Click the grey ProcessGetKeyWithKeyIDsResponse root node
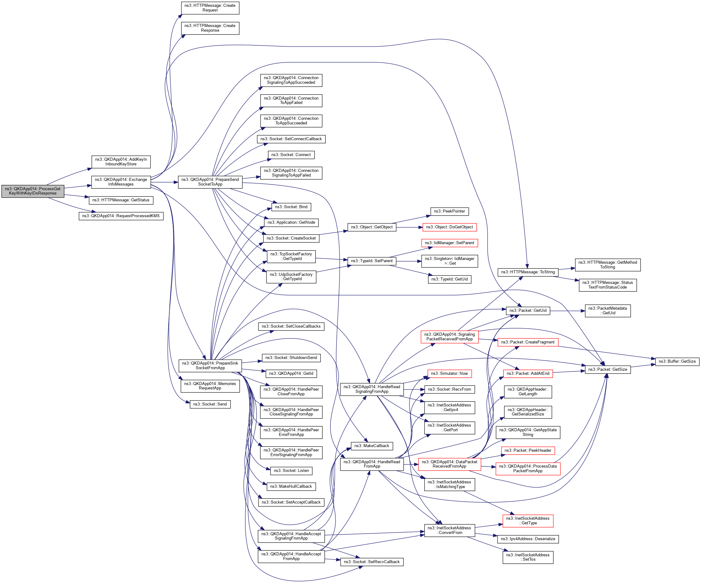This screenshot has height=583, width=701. pos(33,191)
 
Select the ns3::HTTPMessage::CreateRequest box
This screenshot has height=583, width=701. pos(210,8)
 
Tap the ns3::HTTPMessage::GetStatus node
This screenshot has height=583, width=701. pos(121,200)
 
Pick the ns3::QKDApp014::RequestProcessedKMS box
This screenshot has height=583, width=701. pos(121,216)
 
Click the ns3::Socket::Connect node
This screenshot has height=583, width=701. pos(291,155)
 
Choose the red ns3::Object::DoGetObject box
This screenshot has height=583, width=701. pos(449,227)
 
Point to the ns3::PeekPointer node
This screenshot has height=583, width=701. pos(449,211)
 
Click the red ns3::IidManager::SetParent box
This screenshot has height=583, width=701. pos(449,243)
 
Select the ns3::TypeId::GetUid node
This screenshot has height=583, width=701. pos(449,279)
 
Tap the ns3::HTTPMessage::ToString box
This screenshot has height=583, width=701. pos(528,272)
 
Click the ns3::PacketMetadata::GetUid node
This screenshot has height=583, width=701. pos(608,311)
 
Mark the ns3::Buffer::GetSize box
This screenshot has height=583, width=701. pos(677,361)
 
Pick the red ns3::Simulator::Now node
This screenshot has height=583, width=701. pos(449,374)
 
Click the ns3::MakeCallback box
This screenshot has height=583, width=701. pos(372,446)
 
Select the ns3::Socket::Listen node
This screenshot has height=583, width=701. pos(291,471)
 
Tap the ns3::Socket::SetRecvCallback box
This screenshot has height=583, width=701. pos(372,562)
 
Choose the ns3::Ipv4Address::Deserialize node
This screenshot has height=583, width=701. pos(528,539)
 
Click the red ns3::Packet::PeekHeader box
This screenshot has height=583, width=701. pos(528,451)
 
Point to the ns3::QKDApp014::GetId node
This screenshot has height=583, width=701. pos(291,374)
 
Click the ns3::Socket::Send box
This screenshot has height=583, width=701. pos(210,404)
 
